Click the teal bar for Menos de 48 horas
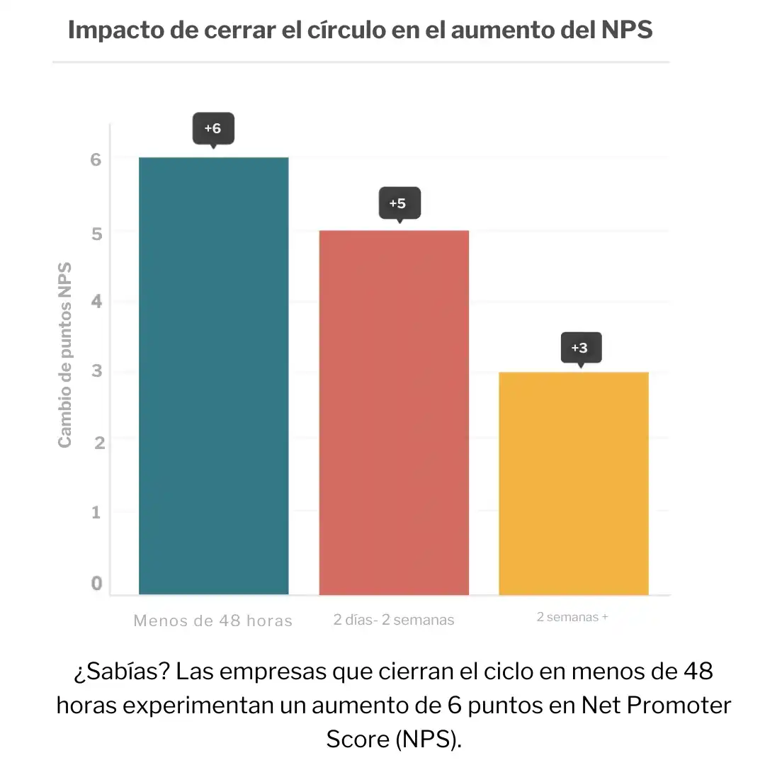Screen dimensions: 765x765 [x=213, y=375]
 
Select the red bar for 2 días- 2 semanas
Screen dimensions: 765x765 [x=394, y=412]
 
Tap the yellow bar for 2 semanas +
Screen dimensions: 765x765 [x=574, y=483]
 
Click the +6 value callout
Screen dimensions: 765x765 [x=212, y=129]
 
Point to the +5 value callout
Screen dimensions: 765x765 [x=398, y=203]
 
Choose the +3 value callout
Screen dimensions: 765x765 [x=579, y=348]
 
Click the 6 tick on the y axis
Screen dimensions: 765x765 [x=96, y=159]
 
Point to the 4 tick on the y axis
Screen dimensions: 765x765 [x=96, y=301]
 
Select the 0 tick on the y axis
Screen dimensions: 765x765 [x=96, y=583]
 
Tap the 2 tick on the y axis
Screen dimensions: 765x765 [x=98, y=442]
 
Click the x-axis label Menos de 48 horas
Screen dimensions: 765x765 [x=212, y=621]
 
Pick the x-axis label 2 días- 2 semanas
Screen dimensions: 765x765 [x=394, y=620]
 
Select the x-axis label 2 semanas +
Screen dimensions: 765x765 [x=572, y=617]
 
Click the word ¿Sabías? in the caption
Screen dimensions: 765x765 [x=120, y=671]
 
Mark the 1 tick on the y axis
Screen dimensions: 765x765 [x=96, y=512]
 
